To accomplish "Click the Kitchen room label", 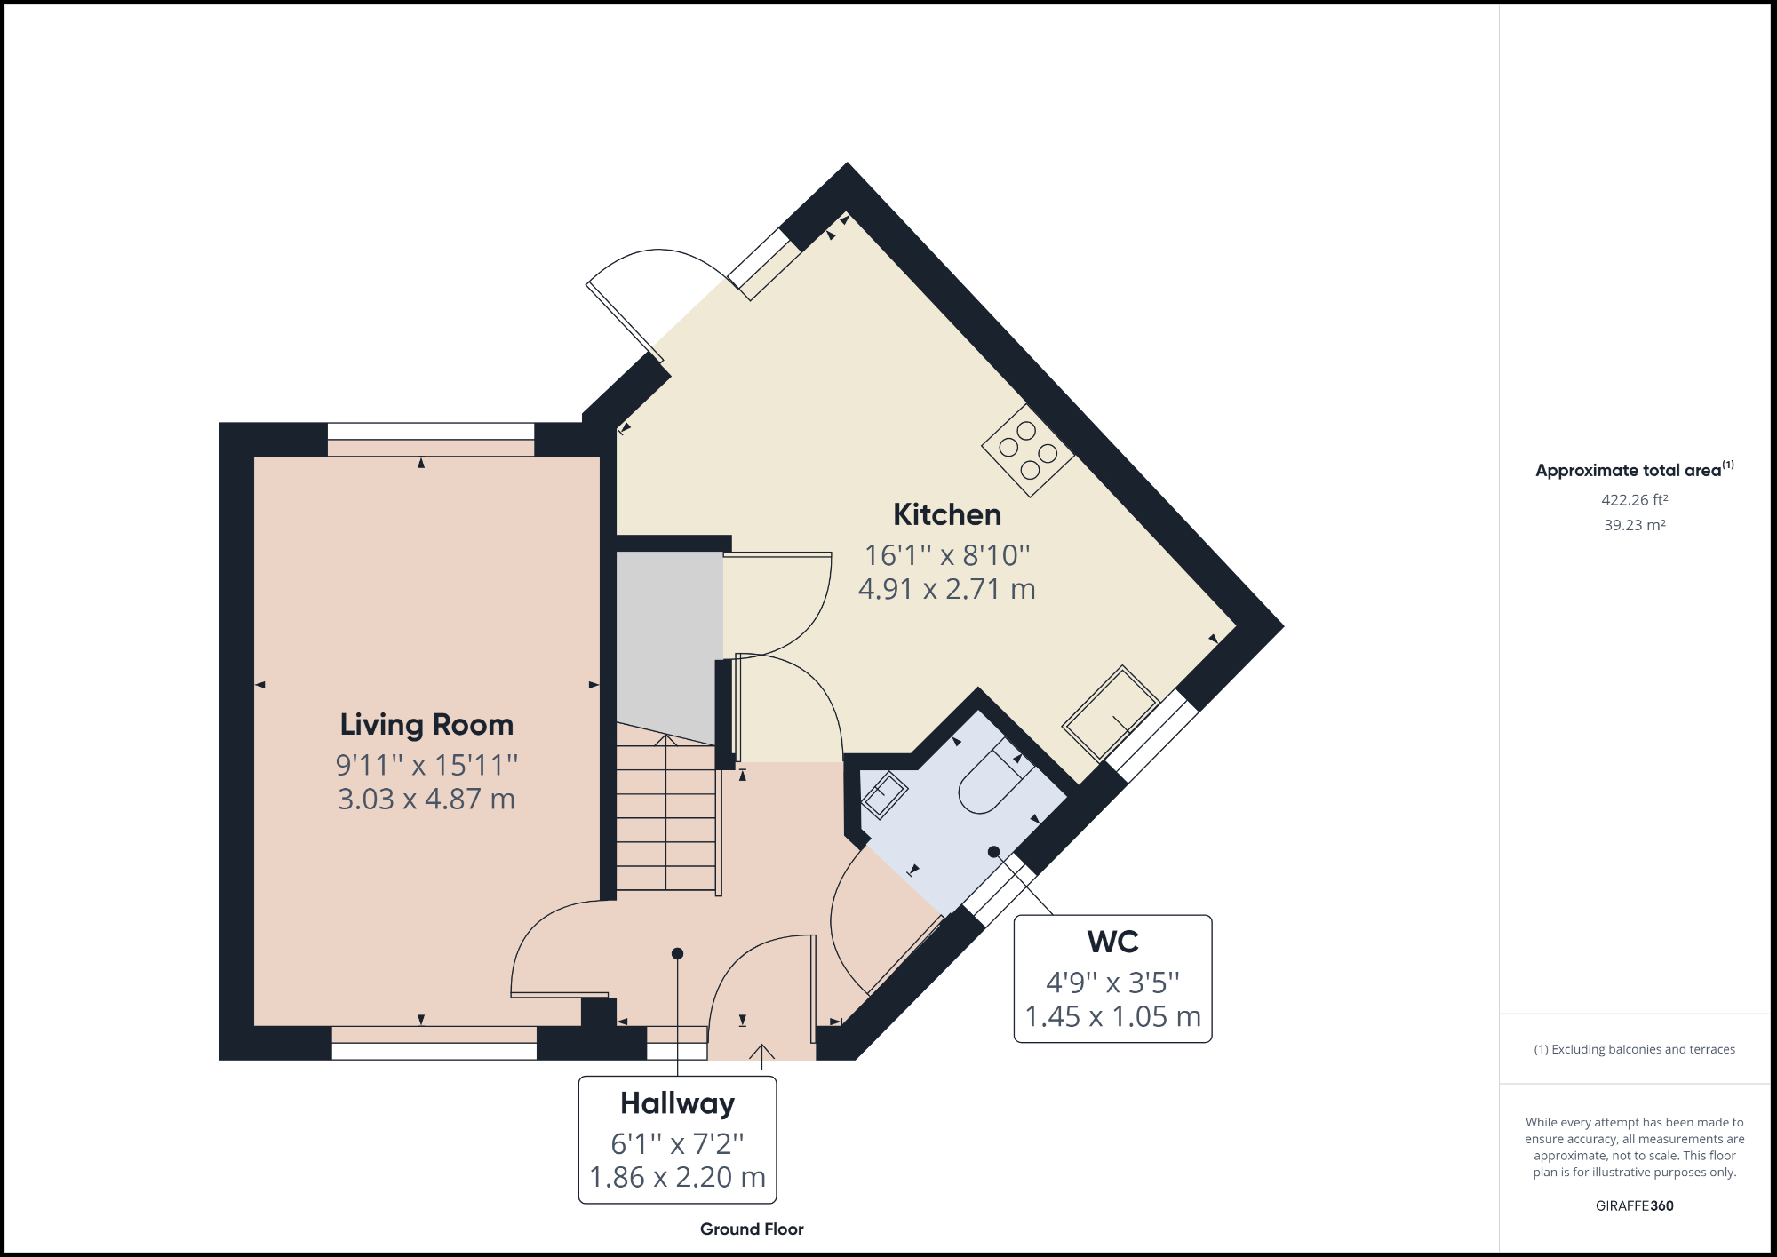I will pyautogui.click(x=946, y=514).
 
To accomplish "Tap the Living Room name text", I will pyautogui.click(x=426, y=724).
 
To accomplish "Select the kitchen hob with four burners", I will pyautogui.click(x=1028, y=450).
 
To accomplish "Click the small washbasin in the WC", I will pyautogui.click(x=883, y=794).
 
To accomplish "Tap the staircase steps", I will pyautogui.click(x=666, y=817).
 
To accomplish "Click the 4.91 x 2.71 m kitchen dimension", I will pyautogui.click(x=946, y=589).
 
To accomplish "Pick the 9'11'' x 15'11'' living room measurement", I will pyautogui.click(x=426, y=764).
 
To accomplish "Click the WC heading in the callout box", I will pyautogui.click(x=1112, y=942).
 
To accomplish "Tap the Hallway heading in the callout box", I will pyautogui.click(x=677, y=1103).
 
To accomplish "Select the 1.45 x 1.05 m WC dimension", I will pyautogui.click(x=1112, y=1016).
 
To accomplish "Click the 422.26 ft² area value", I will pyautogui.click(x=1634, y=500).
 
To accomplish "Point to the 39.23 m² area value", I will pyautogui.click(x=1634, y=525).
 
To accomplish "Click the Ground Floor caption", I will pyautogui.click(x=752, y=1229).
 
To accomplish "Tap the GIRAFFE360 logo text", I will pyautogui.click(x=1634, y=1205).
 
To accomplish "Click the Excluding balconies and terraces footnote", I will pyautogui.click(x=1634, y=1049).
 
